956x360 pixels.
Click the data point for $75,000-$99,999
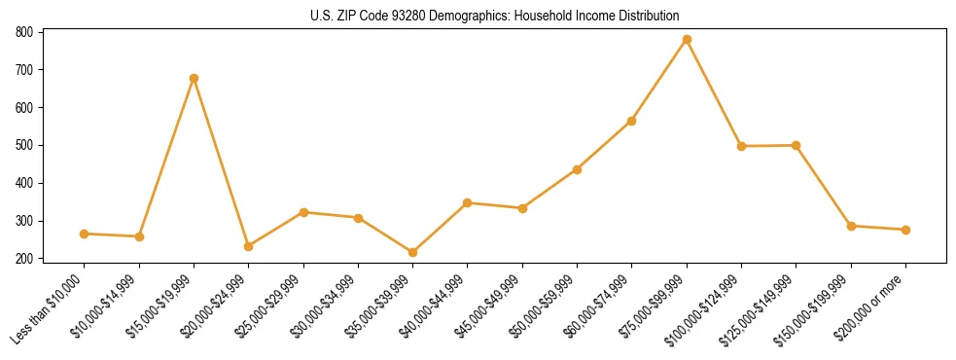click(x=687, y=40)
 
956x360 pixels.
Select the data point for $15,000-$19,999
click(x=194, y=78)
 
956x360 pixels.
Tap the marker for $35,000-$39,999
click(x=412, y=252)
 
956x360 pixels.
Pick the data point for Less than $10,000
click(x=84, y=234)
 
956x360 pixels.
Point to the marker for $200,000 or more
click(x=905, y=230)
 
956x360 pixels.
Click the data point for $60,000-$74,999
click(x=632, y=121)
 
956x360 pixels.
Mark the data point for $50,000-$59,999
click(x=577, y=169)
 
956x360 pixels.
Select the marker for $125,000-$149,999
click(x=797, y=145)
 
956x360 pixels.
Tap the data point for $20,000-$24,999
click(x=248, y=246)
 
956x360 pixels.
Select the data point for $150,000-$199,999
click(x=851, y=226)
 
